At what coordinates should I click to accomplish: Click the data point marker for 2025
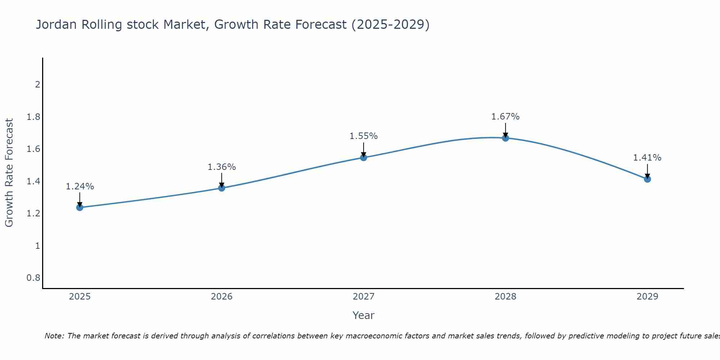pos(80,207)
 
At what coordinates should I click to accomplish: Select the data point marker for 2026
pos(221,188)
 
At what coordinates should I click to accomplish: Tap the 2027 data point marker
pos(363,157)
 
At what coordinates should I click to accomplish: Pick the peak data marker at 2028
pos(505,138)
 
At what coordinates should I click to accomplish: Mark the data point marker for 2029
pos(647,179)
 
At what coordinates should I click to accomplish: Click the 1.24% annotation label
pos(80,186)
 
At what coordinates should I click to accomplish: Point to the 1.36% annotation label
pos(221,167)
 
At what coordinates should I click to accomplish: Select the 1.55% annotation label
pos(363,136)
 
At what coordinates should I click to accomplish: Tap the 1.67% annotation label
pos(505,117)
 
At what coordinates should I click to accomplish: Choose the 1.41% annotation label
pos(647,158)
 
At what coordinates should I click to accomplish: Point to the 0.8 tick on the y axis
pos(33,278)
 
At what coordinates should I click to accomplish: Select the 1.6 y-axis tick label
pos(33,149)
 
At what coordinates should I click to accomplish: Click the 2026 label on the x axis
pos(221,297)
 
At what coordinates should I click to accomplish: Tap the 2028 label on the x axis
pos(505,297)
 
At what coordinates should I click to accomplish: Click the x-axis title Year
pos(363,315)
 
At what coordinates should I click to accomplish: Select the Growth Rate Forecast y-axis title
pos(9,173)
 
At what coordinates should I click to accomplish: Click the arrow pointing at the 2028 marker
pos(505,130)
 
